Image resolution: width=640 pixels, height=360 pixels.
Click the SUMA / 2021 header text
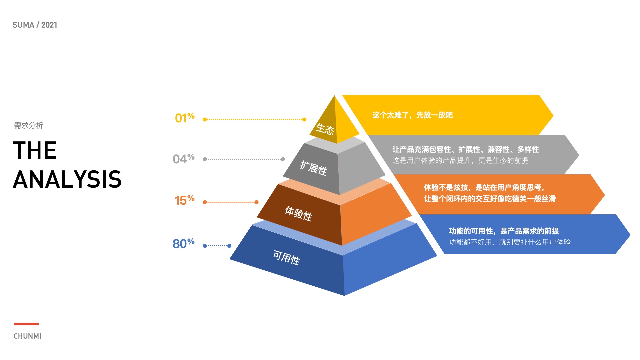(x=35, y=25)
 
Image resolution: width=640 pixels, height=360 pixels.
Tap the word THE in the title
(x=35, y=150)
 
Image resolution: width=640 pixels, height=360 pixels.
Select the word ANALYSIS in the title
(x=67, y=179)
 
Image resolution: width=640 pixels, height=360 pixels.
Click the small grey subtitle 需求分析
(x=29, y=125)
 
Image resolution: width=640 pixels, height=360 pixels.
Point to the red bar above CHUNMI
(x=26, y=324)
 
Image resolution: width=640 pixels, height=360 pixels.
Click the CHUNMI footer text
(x=27, y=336)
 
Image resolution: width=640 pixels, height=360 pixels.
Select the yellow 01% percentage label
(x=185, y=118)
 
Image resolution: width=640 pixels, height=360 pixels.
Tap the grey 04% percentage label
(x=183, y=159)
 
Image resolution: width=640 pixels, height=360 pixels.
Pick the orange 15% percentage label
(x=185, y=200)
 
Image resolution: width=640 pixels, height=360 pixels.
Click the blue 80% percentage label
(x=183, y=243)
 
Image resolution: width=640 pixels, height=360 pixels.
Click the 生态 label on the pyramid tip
(x=325, y=129)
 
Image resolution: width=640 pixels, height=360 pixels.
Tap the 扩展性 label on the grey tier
(x=313, y=168)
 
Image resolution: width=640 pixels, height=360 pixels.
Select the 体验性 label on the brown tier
(x=298, y=213)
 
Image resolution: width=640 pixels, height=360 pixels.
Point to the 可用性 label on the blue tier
(x=286, y=258)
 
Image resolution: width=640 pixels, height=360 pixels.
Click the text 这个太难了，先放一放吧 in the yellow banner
(x=412, y=115)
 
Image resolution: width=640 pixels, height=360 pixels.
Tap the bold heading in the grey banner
(x=465, y=149)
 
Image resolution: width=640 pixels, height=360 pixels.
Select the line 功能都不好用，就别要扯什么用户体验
(x=510, y=242)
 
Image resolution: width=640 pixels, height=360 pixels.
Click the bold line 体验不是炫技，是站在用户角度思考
(x=484, y=187)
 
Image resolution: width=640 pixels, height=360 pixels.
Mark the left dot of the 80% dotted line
(x=205, y=246)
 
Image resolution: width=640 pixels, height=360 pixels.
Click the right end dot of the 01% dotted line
(x=304, y=119)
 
